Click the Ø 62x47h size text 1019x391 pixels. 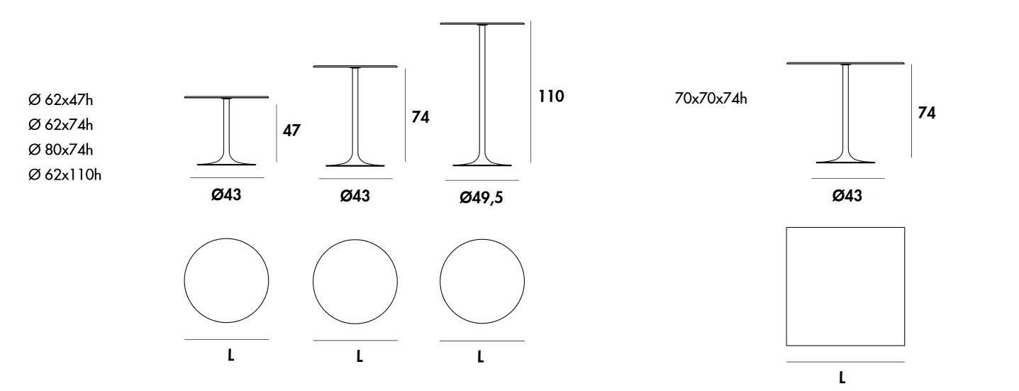[60, 99]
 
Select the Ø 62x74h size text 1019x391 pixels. [60, 125]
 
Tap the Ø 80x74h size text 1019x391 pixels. [60, 150]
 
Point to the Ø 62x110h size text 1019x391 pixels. [65, 175]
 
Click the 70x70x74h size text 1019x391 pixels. [711, 99]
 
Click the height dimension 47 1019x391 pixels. [291, 131]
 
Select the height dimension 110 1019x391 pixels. [552, 96]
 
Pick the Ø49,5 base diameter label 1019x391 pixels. [481, 197]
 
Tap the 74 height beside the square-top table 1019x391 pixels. [927, 113]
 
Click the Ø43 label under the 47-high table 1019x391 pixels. [226, 195]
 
